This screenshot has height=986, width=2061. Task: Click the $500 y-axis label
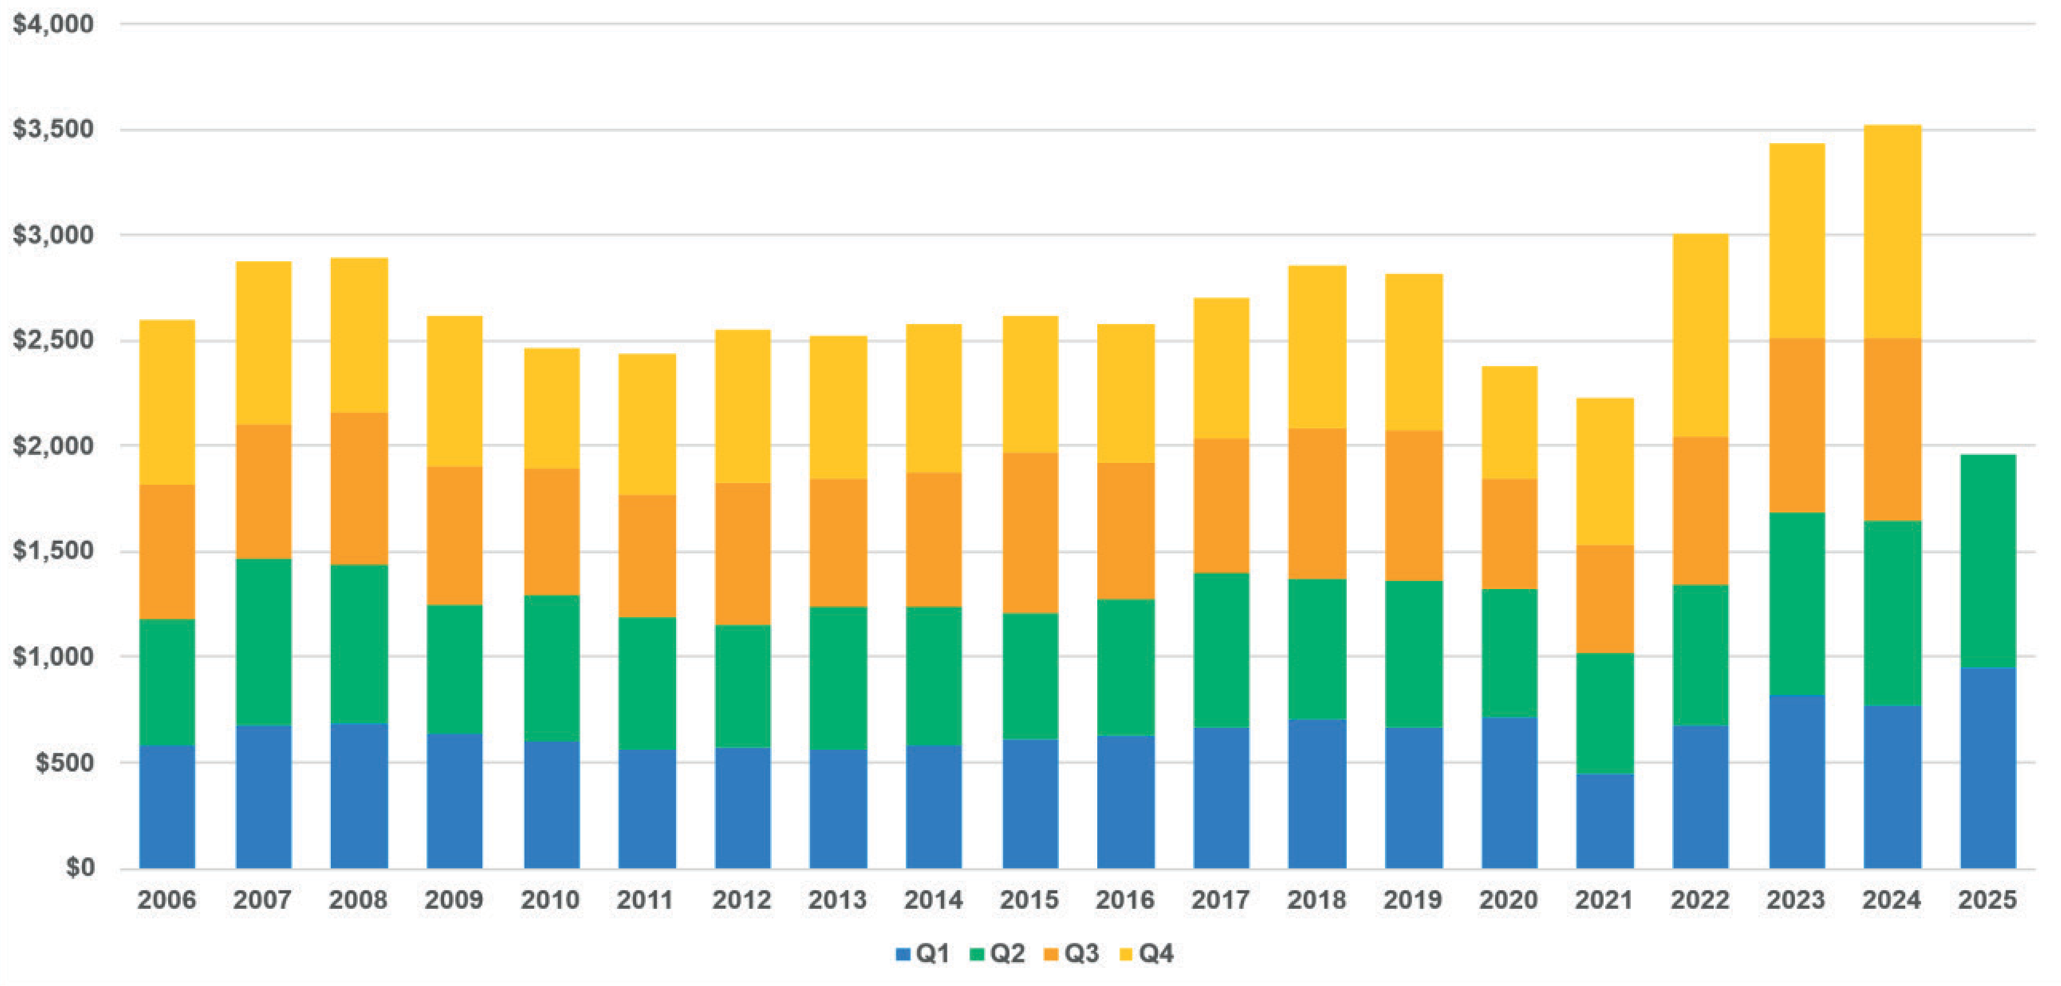tap(64, 762)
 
